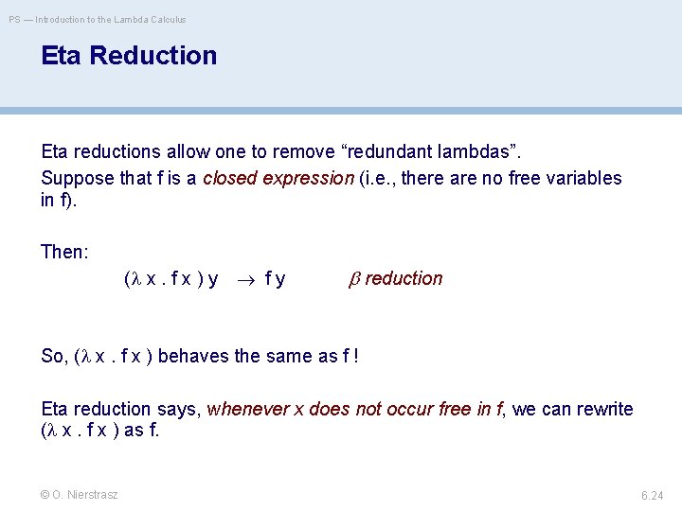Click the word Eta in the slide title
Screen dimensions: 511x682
tap(64, 56)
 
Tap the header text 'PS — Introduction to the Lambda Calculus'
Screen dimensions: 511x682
tap(98, 19)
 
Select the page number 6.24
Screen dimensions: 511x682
tap(653, 495)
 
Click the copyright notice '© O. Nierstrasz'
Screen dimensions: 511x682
tap(80, 495)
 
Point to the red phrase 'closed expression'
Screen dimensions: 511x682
tap(277, 178)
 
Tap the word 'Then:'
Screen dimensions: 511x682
tap(64, 252)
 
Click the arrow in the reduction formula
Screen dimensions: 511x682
tap(244, 279)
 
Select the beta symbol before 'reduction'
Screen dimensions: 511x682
tap(355, 279)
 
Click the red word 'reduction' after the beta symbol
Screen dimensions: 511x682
tap(404, 279)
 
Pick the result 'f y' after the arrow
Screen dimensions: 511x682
tap(276, 279)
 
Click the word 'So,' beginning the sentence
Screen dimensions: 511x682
tap(54, 356)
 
